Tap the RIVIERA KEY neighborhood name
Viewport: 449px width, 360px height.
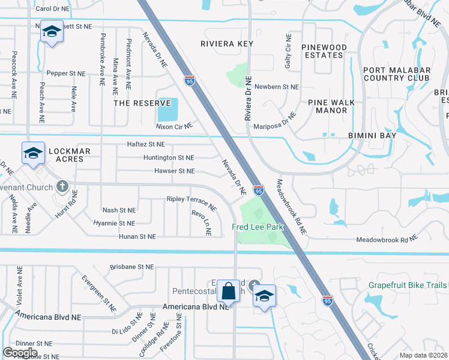click(x=227, y=44)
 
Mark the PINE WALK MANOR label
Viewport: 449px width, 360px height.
click(x=328, y=106)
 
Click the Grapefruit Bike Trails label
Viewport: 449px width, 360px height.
click(x=408, y=284)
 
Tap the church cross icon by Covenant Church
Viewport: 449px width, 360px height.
click(x=62, y=185)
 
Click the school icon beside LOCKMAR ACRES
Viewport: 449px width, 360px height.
click(x=34, y=152)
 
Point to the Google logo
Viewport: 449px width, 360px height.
click(x=20, y=352)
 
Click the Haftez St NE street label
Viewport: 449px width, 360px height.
click(x=145, y=144)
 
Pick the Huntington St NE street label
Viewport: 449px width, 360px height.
click(x=169, y=157)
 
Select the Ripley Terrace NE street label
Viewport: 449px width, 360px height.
click(x=191, y=202)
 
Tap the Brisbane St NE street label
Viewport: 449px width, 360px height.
click(x=133, y=267)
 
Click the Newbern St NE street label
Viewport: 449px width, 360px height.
click(x=276, y=87)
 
